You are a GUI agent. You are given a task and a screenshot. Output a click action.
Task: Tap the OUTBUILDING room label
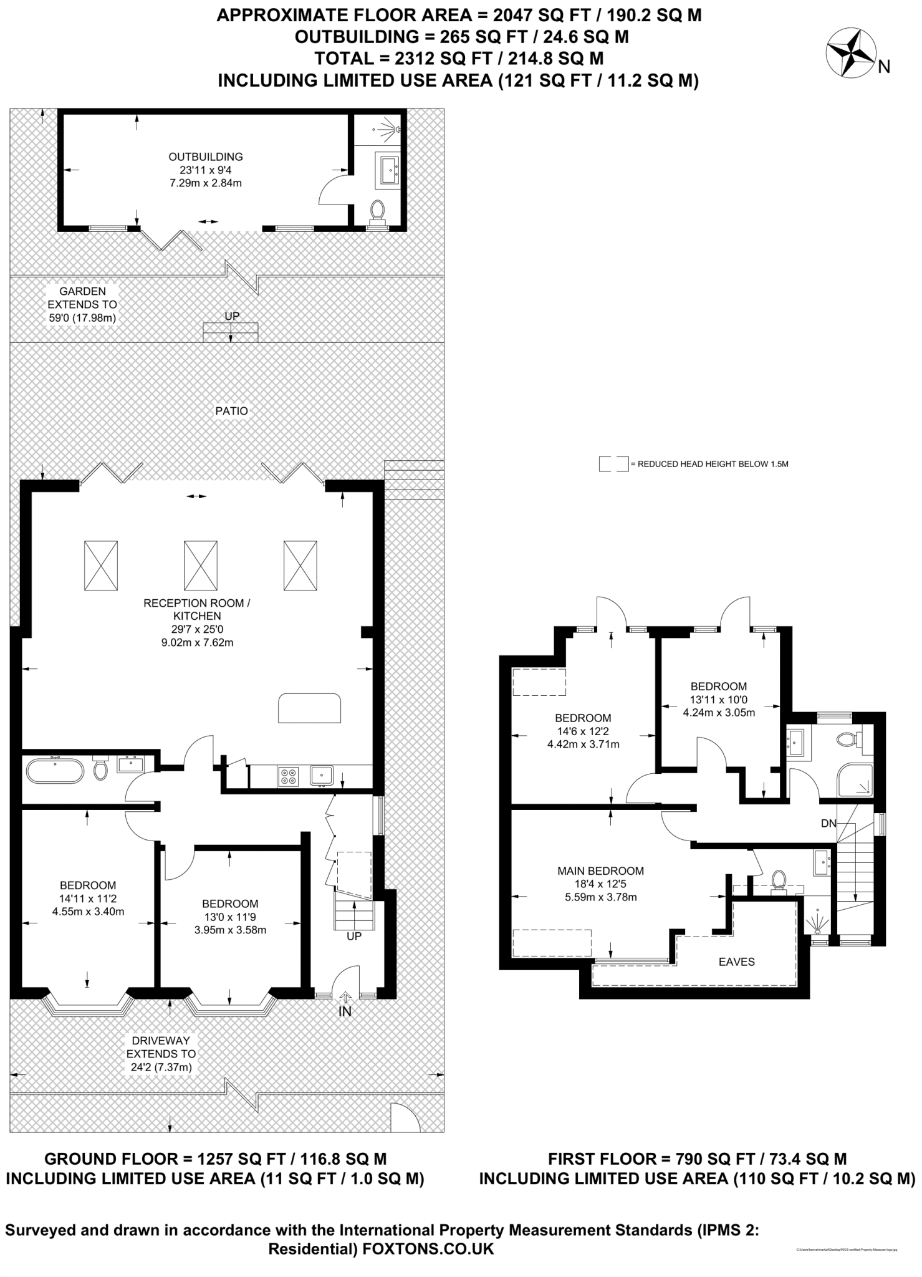(206, 157)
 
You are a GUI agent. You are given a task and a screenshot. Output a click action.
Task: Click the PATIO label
(231, 411)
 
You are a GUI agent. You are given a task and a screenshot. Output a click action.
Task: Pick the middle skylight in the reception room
(201, 565)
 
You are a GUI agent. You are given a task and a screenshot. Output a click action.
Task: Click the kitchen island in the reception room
(310, 708)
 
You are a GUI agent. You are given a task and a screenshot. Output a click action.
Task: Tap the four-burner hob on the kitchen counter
(289, 776)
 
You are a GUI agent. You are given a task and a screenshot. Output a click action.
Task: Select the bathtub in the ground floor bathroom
(55, 771)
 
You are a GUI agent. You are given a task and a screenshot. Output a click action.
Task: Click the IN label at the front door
(345, 1011)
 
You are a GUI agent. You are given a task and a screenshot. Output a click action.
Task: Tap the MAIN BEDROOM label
(600, 871)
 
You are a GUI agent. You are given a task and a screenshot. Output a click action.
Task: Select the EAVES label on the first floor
(736, 962)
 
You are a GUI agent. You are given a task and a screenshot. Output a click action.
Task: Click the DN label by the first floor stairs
(828, 824)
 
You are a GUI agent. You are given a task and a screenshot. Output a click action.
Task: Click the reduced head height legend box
(613, 465)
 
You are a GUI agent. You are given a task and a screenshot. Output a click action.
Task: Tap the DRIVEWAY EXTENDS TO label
(161, 1054)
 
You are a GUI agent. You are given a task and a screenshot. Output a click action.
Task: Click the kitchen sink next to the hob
(322, 776)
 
